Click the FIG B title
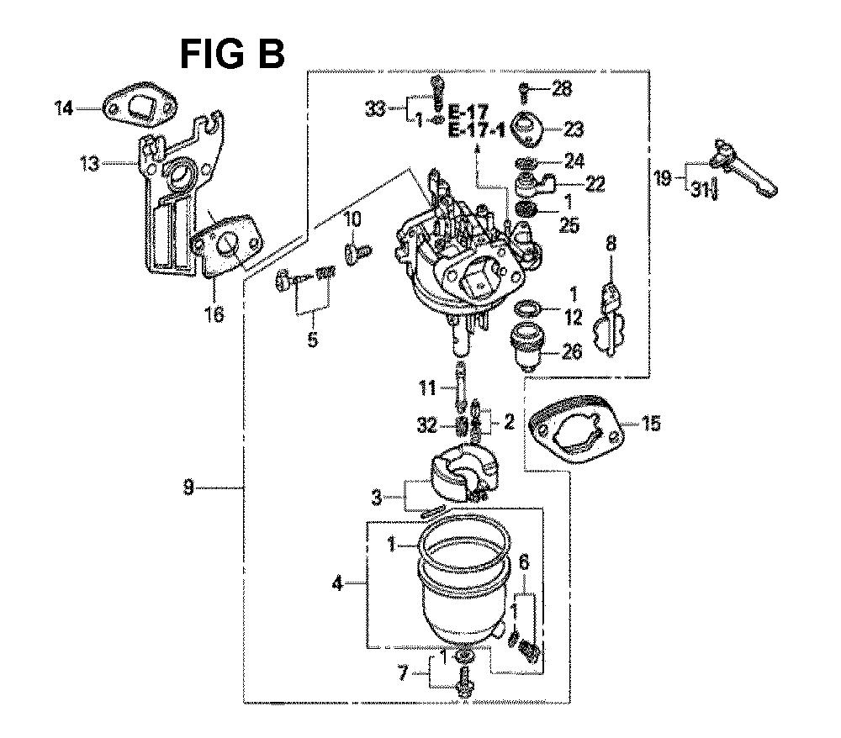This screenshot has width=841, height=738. click(233, 54)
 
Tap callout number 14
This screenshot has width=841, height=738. click(65, 108)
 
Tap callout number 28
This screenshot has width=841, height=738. click(561, 88)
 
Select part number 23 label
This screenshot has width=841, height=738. click(574, 129)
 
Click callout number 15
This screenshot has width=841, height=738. click(651, 424)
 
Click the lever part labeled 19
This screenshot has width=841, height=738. click(744, 166)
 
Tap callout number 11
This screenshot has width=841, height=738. click(428, 387)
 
